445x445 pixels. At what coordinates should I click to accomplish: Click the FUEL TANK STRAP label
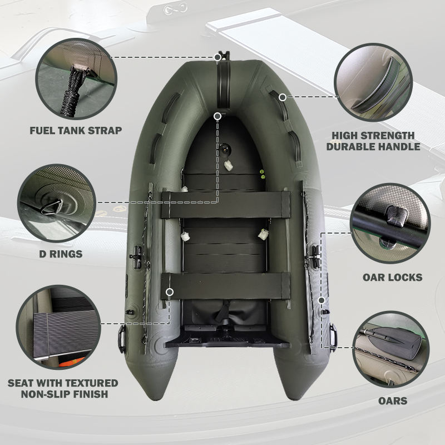[x=76, y=131]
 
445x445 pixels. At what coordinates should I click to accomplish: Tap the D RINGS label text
[x=61, y=254]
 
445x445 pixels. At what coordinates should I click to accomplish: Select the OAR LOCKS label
[x=393, y=277]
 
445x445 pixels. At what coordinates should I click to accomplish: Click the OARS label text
[x=393, y=400]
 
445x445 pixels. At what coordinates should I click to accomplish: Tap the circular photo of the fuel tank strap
[x=76, y=78]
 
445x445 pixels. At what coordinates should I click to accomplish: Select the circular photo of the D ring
[x=57, y=203]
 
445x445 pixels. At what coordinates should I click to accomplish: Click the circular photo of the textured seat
[x=58, y=327]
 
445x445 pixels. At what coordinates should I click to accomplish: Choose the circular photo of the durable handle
[x=373, y=82]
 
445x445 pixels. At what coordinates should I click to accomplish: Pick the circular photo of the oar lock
[x=390, y=224]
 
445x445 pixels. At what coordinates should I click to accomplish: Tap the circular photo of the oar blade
[x=391, y=349]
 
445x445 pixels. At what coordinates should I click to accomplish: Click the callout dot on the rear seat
[x=170, y=291]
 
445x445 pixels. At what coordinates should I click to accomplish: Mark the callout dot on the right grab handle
[x=283, y=97]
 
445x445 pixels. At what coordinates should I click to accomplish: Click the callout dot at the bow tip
[x=217, y=57]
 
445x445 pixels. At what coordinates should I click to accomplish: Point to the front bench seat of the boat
[x=226, y=205]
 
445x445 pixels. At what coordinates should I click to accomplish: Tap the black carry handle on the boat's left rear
[x=122, y=339]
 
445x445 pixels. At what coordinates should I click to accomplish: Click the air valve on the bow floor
[x=225, y=148]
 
